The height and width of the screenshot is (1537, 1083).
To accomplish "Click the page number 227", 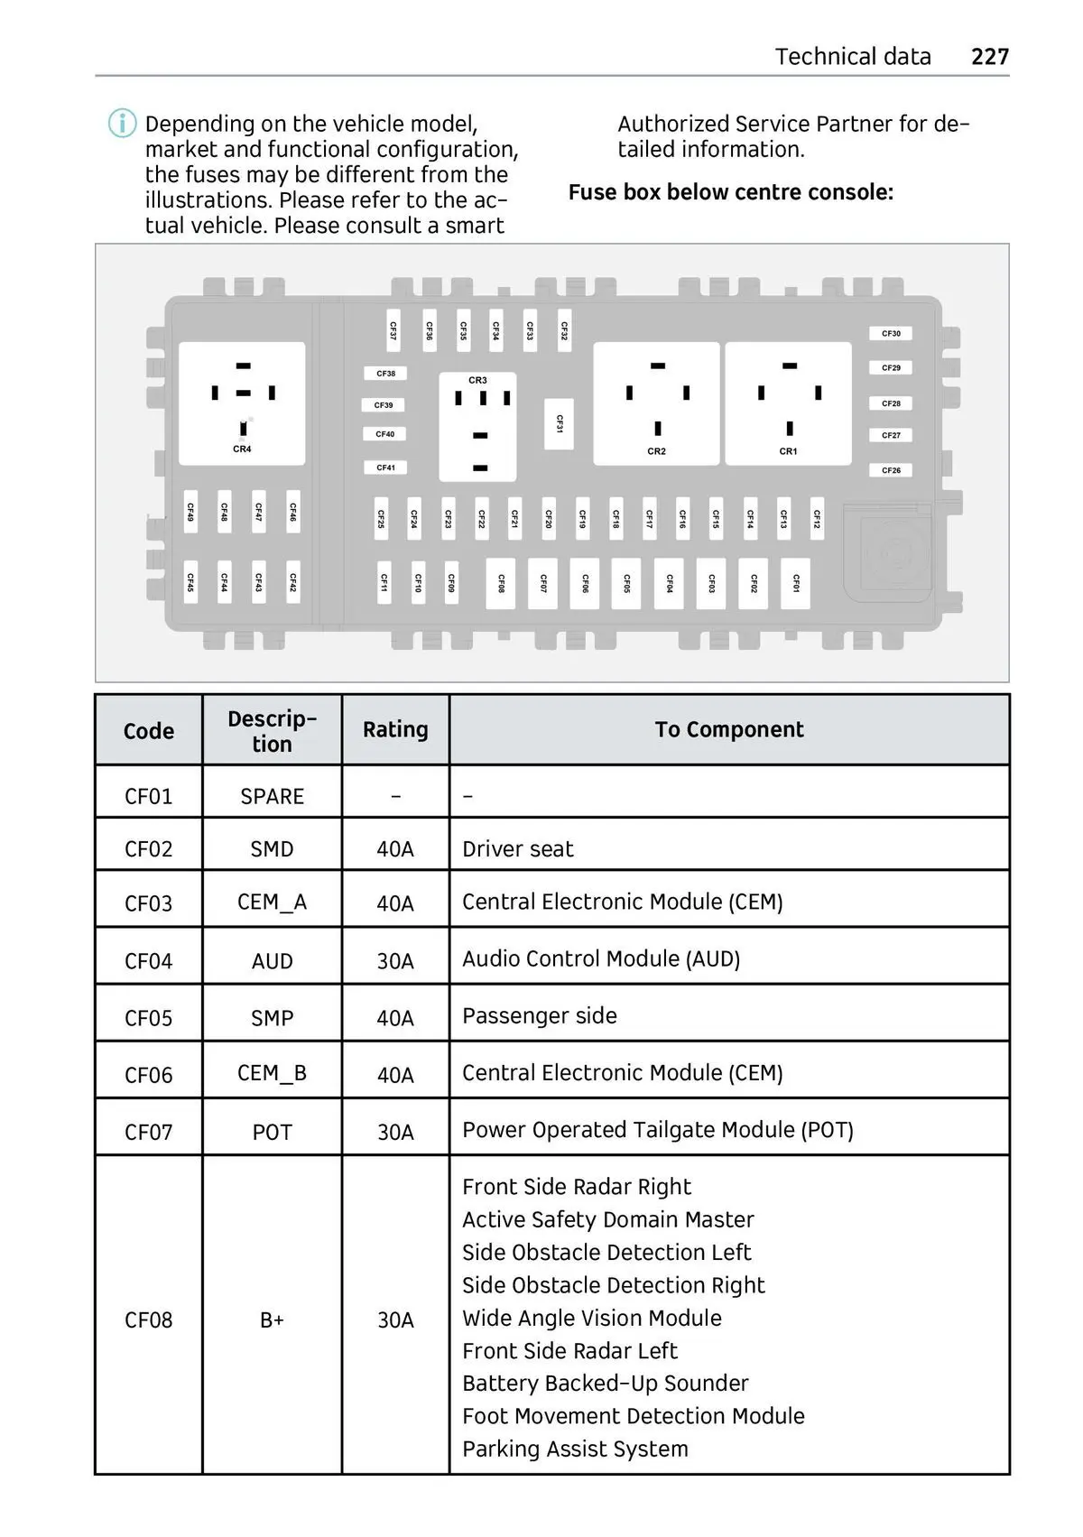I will [x=989, y=57].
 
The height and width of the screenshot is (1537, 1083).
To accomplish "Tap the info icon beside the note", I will [x=123, y=123].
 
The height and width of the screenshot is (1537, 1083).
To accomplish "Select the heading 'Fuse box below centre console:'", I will [x=730, y=192].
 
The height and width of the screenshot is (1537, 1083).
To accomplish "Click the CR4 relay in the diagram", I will [x=242, y=403].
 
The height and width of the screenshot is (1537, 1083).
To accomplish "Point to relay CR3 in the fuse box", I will [x=477, y=426].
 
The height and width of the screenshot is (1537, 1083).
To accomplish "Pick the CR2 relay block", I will [x=656, y=403].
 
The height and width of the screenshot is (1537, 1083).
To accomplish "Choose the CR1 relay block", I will [x=788, y=403].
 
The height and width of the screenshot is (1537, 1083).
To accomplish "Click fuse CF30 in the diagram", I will [x=891, y=334].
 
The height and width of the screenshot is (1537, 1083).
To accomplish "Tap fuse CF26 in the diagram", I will [x=891, y=470].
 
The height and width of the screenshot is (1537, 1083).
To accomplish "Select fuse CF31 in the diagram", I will [x=560, y=423].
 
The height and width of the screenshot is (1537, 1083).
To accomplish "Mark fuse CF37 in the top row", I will [x=393, y=331].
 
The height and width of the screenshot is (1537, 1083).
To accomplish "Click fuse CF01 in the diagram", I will [x=795, y=583].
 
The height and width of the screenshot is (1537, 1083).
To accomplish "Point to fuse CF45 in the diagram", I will [x=190, y=582].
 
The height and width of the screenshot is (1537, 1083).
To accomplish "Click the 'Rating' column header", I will [x=395, y=729].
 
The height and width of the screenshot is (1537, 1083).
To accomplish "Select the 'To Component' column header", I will [x=729, y=729].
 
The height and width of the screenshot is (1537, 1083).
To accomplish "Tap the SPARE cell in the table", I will [x=272, y=796].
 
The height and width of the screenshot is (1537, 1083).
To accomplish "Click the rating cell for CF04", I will [x=395, y=961].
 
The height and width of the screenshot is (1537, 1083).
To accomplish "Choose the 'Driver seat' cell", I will [x=518, y=848].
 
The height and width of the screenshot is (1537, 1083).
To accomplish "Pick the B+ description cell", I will [x=272, y=1319].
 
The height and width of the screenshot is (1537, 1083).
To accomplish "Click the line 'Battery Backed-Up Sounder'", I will [x=605, y=1383].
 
